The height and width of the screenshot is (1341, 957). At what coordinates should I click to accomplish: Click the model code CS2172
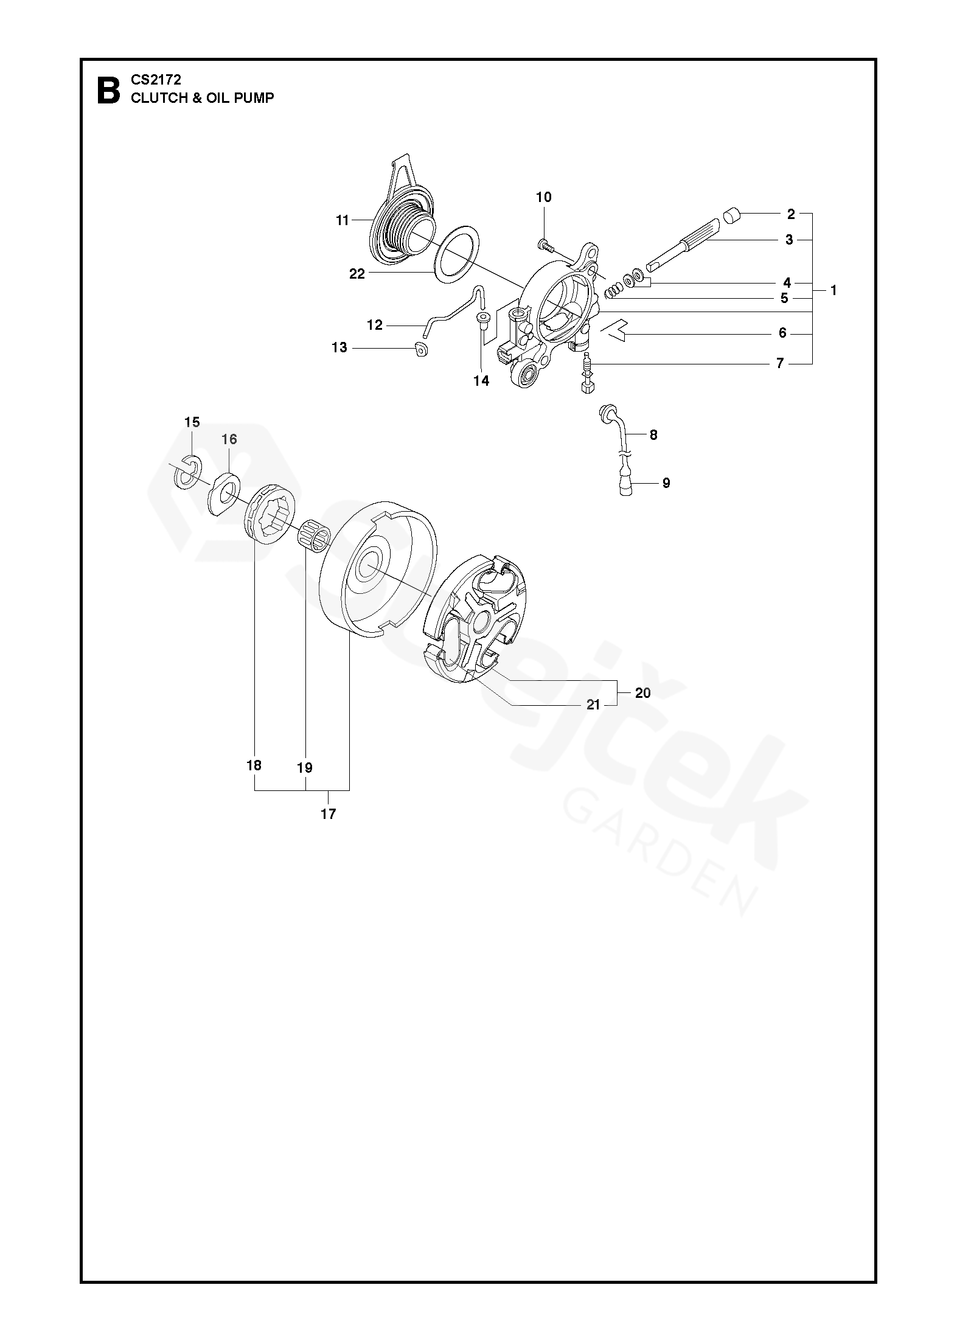(x=156, y=80)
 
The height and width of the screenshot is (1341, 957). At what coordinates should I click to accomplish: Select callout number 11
(x=343, y=220)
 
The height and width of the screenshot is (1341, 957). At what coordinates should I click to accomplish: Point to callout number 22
(x=357, y=274)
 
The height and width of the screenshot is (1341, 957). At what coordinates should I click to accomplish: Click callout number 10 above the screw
(x=543, y=197)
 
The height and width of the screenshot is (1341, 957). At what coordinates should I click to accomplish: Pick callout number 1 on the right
(x=833, y=291)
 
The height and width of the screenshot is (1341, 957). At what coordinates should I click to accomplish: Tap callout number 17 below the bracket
(x=328, y=813)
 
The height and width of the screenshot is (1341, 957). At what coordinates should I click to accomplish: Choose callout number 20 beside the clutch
(x=643, y=693)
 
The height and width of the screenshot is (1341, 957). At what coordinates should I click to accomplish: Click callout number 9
(x=666, y=482)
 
